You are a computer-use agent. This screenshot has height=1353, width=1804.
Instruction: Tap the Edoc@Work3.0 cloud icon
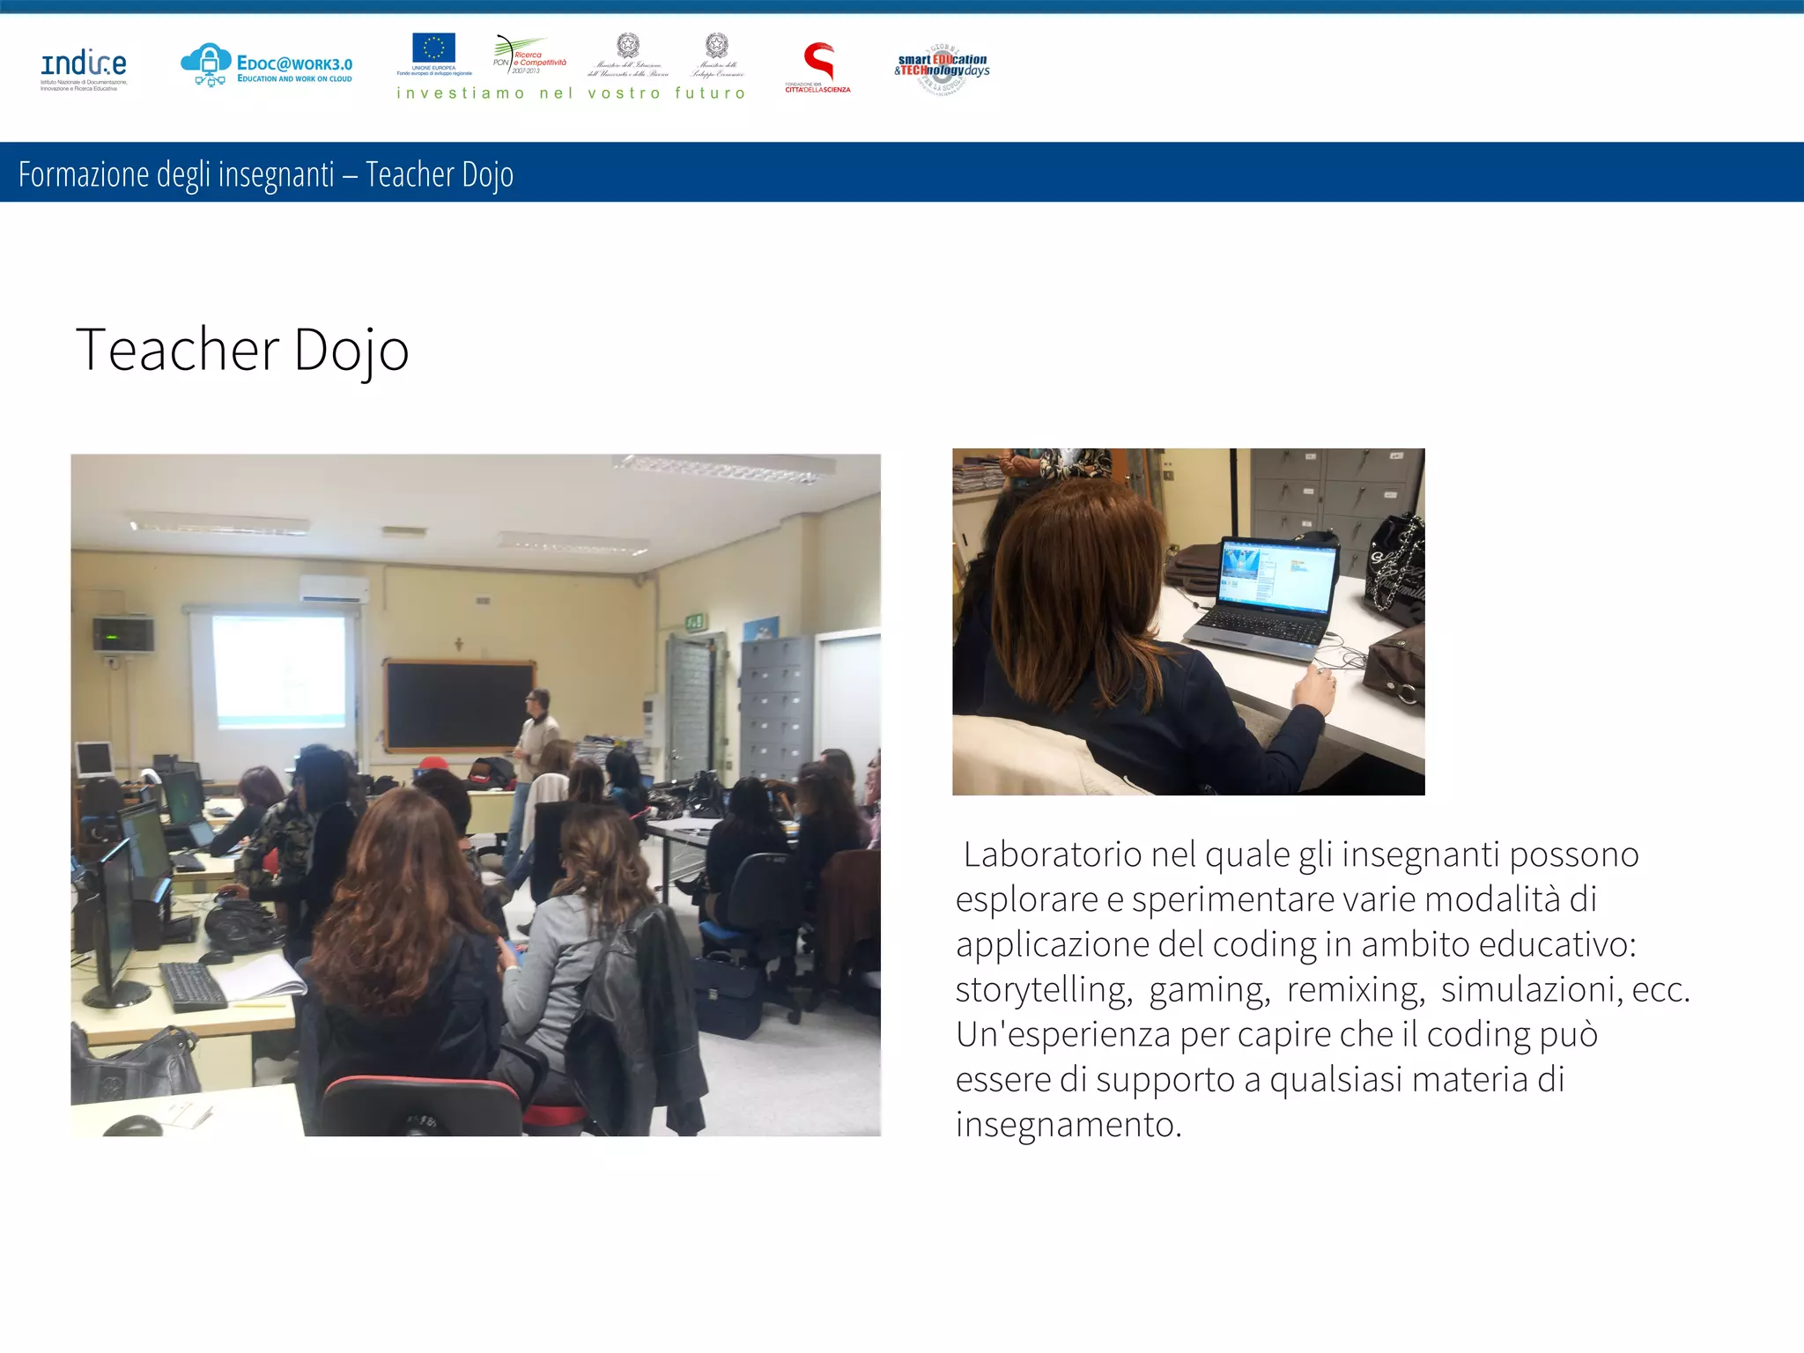tap(206, 63)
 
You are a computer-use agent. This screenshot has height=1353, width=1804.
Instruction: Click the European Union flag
tap(433, 48)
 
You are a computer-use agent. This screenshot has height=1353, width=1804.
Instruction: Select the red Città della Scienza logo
tap(818, 63)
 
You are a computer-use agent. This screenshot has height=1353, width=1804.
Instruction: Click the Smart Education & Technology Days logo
tap(942, 67)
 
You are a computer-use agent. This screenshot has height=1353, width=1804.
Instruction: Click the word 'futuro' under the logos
tap(710, 93)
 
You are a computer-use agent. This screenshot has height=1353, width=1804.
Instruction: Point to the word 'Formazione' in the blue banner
tap(84, 174)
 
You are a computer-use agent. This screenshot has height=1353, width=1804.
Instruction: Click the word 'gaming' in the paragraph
tap(1209, 990)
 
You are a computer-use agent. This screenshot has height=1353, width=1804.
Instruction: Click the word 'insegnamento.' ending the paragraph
tap(1068, 1125)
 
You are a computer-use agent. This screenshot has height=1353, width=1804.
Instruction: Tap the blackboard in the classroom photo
tap(458, 704)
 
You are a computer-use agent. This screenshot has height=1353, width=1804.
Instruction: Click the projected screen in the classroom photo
tap(279, 669)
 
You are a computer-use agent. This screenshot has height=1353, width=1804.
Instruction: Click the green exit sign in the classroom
tap(695, 623)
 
